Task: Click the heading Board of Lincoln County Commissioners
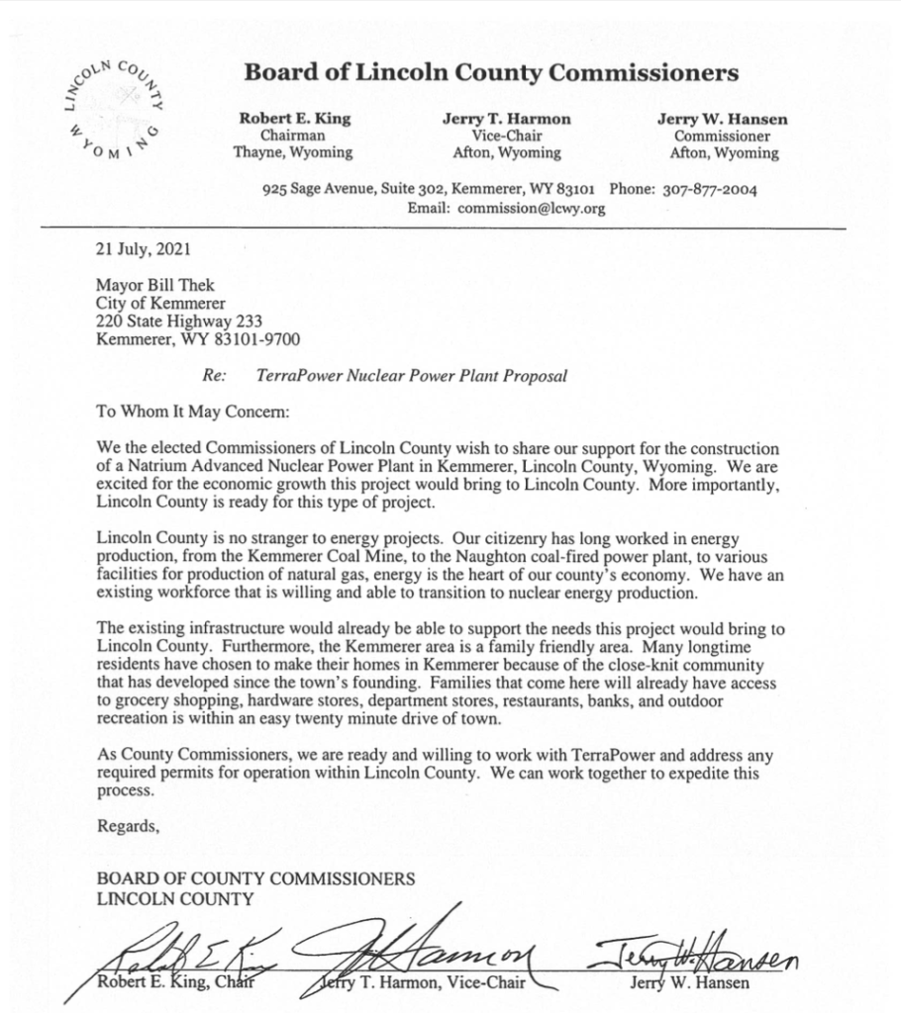coord(491,72)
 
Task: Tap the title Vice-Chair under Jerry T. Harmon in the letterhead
coord(506,136)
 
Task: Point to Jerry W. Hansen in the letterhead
coord(723,119)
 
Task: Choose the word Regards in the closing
coord(127,827)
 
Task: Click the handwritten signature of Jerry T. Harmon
coord(436,950)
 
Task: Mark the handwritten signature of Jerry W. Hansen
coord(698,955)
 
